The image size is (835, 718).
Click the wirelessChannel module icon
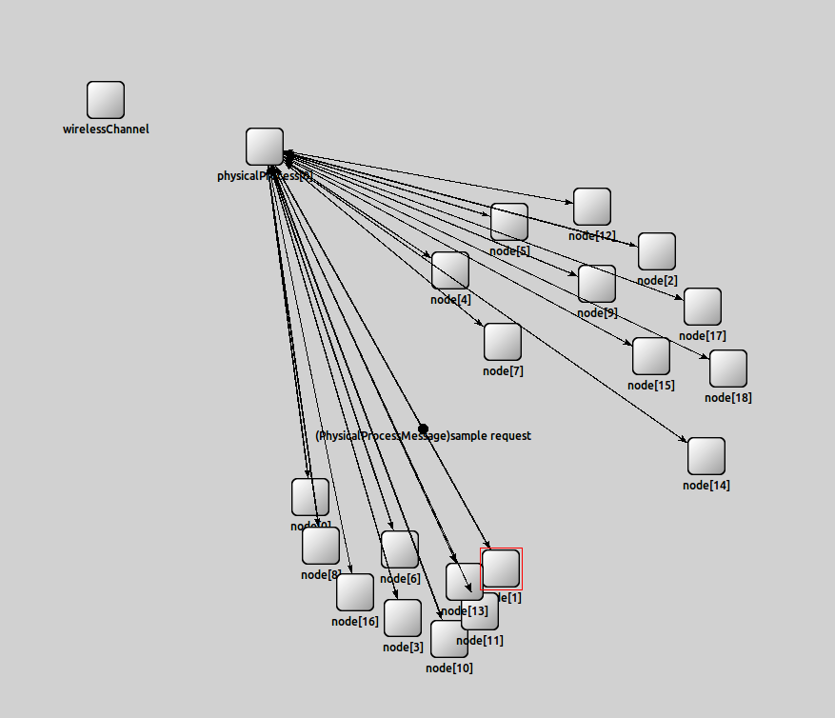coord(106,100)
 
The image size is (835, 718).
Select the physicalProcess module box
coord(265,147)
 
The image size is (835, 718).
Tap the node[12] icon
coord(592,207)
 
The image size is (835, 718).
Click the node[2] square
coord(657,251)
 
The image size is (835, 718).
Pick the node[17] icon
coord(703,307)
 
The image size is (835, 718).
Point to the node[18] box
coord(728,369)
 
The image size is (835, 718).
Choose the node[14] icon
coord(706,456)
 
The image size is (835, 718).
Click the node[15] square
coord(651,356)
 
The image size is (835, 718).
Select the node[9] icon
coord(597,284)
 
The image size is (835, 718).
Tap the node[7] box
coord(503,342)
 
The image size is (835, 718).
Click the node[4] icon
coord(450,270)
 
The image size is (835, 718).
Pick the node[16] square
coord(355,592)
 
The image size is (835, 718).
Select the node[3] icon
coord(403,618)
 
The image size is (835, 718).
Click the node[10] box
coord(449,639)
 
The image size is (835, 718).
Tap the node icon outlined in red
coord(502,568)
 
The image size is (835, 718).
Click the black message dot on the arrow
coord(423,429)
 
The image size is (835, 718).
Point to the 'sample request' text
coord(490,436)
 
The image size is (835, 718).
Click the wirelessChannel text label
coord(106,130)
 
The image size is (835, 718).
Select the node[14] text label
coord(706,486)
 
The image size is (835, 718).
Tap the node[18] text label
coord(728,398)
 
